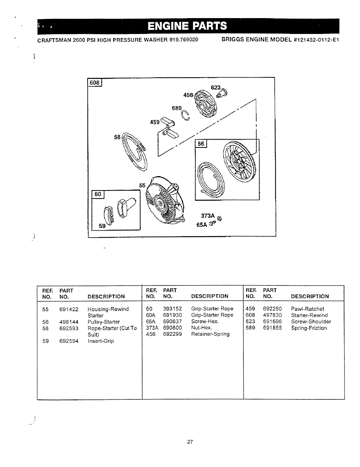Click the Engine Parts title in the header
(187, 26)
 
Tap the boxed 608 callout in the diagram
(95, 83)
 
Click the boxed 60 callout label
(98, 194)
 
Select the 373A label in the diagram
(208, 216)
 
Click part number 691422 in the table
(69, 309)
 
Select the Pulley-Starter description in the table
(104, 322)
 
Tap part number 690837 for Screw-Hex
(172, 321)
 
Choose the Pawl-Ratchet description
(307, 309)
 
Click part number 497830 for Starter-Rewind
(272, 315)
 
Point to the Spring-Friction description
(309, 328)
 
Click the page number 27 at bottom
(190, 442)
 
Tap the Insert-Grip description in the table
(100, 341)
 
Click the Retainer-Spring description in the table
(210, 334)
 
